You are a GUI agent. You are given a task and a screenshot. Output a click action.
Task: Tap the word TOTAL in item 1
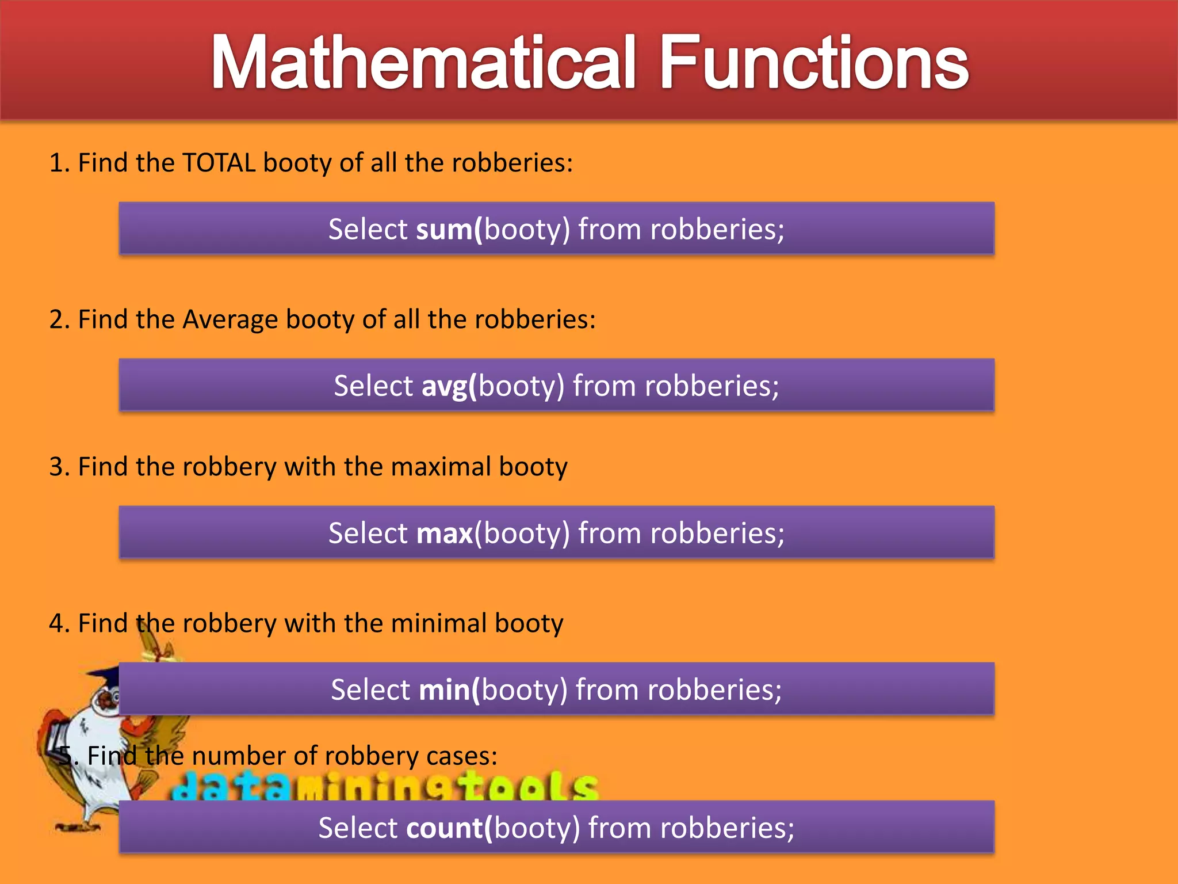219,163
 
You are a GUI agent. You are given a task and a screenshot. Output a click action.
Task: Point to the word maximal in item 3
441,467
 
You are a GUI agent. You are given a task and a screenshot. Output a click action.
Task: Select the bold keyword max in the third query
444,534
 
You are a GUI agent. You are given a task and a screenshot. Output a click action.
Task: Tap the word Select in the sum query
368,230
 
